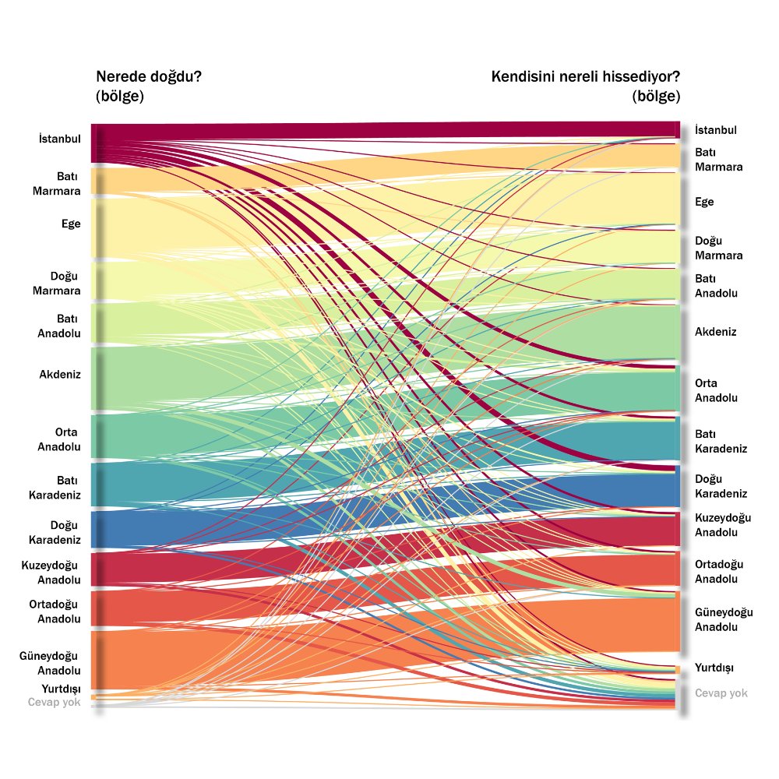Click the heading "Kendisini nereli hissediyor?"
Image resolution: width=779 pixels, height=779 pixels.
click(585, 77)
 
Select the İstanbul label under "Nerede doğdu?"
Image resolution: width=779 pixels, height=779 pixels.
click(60, 139)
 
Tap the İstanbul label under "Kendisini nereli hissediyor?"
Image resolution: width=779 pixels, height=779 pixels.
click(715, 130)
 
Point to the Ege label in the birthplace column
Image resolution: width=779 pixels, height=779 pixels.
click(71, 224)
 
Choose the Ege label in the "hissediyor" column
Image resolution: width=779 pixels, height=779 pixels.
click(704, 202)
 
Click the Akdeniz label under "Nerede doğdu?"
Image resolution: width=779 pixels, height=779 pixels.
click(60, 374)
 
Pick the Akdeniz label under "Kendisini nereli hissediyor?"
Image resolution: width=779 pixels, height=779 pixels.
click(715, 332)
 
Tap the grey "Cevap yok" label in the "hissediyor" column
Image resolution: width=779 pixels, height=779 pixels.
click(721, 693)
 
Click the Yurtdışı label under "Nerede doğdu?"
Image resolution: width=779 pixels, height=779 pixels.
click(61, 689)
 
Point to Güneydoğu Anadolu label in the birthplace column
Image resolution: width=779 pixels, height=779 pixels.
click(51, 663)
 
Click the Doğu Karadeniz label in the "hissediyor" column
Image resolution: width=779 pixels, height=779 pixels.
click(721, 486)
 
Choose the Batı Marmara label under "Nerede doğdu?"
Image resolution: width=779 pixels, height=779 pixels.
click(57, 184)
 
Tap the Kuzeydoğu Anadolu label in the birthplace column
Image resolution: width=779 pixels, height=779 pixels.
click(51, 572)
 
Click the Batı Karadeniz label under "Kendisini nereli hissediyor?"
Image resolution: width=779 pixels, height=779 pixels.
click(721, 441)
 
